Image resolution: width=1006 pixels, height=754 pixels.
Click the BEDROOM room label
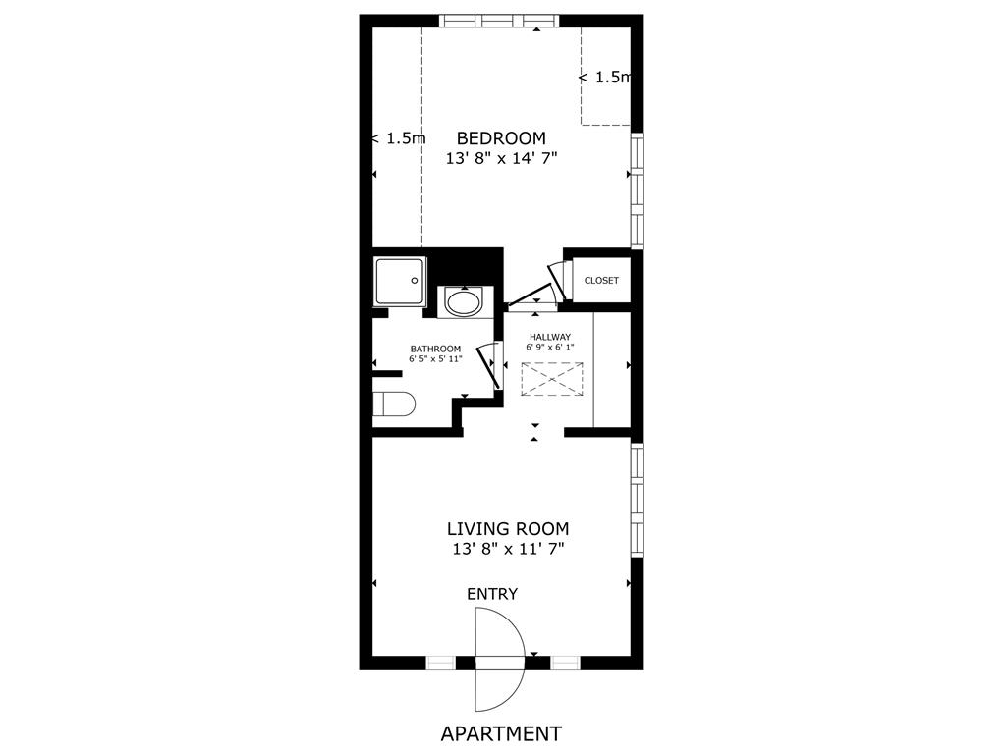click(x=501, y=138)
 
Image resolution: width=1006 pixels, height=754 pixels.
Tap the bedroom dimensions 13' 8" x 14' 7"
click(x=501, y=158)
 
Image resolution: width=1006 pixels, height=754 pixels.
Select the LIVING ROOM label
click(x=508, y=529)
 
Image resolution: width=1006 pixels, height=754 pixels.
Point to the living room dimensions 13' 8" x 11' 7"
click(x=508, y=550)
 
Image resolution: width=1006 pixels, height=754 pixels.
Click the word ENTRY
click(x=492, y=594)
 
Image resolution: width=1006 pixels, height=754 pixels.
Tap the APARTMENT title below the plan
click(x=501, y=733)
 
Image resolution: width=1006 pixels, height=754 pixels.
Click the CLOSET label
click(x=601, y=281)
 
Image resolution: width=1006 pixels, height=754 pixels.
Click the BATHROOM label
click(x=435, y=349)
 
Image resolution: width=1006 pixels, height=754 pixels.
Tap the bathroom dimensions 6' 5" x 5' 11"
click(x=435, y=359)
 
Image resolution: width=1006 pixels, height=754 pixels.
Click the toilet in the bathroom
click(x=395, y=404)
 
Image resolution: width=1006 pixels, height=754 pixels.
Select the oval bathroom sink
click(x=464, y=301)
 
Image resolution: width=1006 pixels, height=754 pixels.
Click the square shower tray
click(x=401, y=281)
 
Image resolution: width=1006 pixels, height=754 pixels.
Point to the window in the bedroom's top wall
click(x=499, y=21)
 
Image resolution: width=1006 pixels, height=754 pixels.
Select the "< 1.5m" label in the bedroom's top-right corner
click(x=604, y=77)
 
